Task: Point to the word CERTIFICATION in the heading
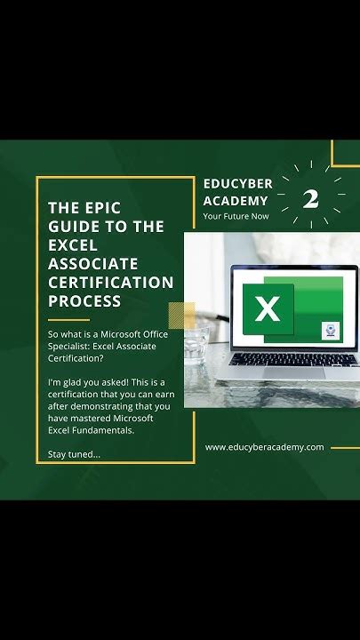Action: coord(110,283)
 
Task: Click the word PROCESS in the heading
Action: coord(84,301)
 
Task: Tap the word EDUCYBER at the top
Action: coord(237,183)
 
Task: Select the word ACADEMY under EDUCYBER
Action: coord(236,200)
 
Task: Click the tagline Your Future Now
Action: coord(236,215)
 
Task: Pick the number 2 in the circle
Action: coord(310,199)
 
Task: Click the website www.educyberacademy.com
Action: coord(264,447)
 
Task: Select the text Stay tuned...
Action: coord(73,455)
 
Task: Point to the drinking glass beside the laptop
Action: coord(198,341)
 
